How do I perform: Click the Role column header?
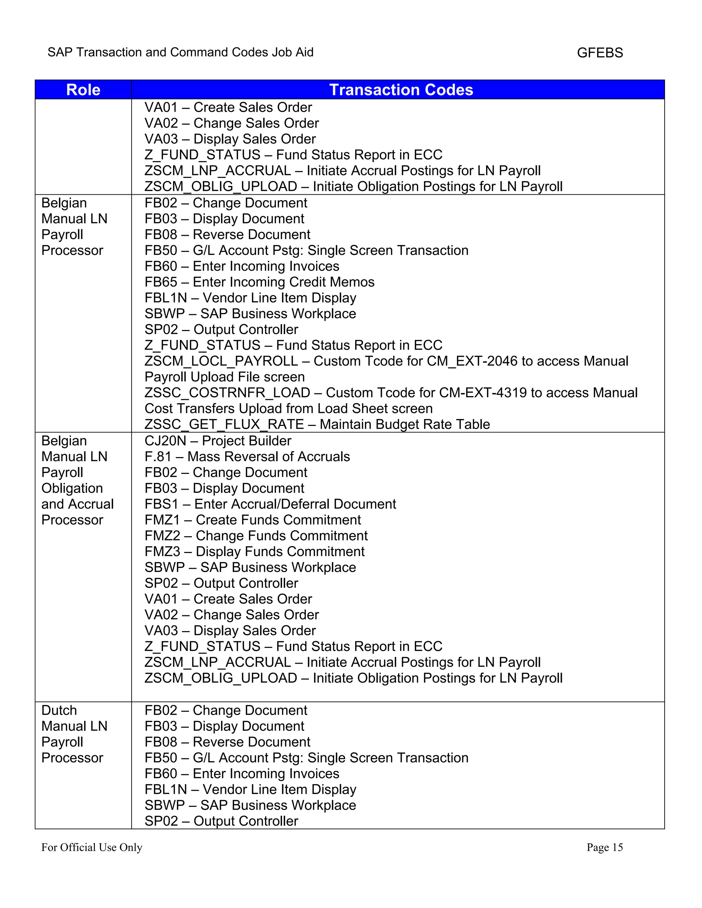(x=83, y=90)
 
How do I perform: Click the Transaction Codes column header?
(x=401, y=90)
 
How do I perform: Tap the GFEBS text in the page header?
(x=600, y=53)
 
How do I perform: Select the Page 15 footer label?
(x=604, y=847)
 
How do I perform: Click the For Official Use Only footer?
(x=92, y=847)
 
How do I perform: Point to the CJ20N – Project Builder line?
(x=218, y=441)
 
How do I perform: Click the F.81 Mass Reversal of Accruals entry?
(x=247, y=456)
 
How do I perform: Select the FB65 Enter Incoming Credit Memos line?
(x=259, y=282)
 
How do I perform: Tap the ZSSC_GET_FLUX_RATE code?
(x=224, y=425)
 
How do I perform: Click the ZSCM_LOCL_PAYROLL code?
(x=221, y=361)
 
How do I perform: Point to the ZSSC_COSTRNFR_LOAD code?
(x=227, y=392)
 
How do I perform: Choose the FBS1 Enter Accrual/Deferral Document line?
(x=270, y=504)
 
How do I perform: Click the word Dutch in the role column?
(x=59, y=710)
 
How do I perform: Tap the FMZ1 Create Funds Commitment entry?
(x=252, y=520)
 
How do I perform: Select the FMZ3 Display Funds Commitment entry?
(x=254, y=551)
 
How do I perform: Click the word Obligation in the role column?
(x=72, y=488)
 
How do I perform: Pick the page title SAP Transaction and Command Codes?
(x=180, y=52)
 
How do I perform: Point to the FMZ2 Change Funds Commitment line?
(x=256, y=536)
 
